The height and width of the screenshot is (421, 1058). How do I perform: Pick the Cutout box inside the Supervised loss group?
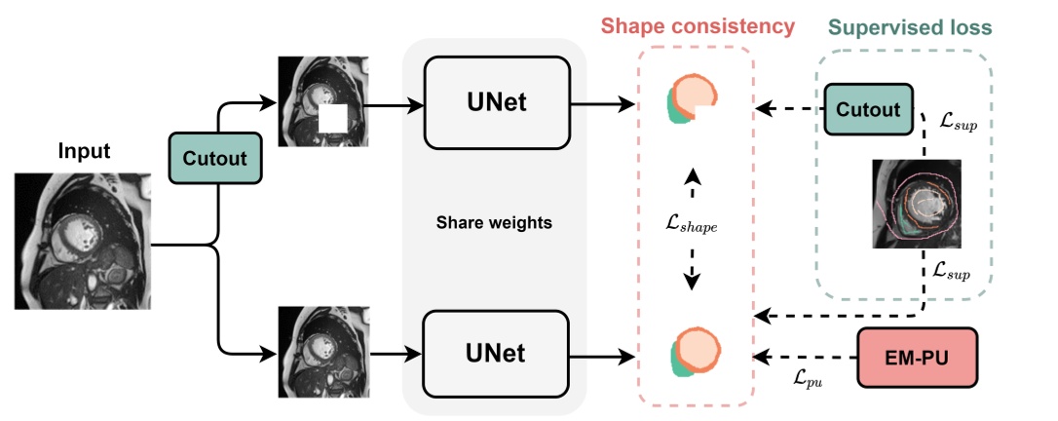[x=870, y=109]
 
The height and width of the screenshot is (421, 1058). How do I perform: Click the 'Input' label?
[x=84, y=152]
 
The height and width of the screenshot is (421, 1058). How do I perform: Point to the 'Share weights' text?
[x=494, y=223]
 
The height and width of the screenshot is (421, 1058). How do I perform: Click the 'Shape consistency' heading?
[x=697, y=26]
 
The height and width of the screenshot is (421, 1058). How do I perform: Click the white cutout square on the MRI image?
[x=333, y=120]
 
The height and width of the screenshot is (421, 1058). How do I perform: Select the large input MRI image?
[x=83, y=241]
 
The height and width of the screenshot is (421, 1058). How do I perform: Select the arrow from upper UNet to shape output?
[x=600, y=102]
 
